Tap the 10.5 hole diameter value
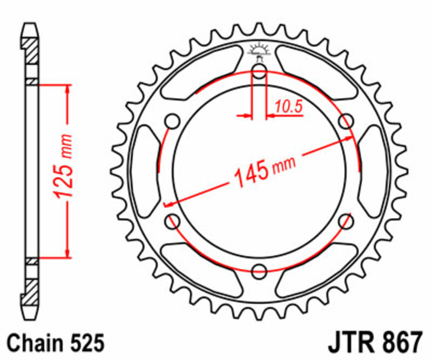287,108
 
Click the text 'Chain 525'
53,343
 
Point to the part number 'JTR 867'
372,343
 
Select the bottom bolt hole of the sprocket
259,270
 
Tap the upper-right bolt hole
345,122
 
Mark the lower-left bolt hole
173,220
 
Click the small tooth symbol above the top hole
259,50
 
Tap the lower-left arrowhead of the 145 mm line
168,205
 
